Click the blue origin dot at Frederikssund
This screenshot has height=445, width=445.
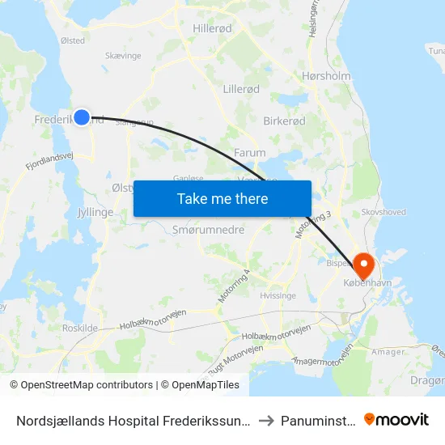click(x=82, y=117)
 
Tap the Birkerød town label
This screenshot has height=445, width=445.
click(x=284, y=121)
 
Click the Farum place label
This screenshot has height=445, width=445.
click(x=249, y=152)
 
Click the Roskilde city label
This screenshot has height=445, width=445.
click(x=80, y=328)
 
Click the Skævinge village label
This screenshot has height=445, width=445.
click(x=123, y=55)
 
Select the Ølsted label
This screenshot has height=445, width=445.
click(x=72, y=40)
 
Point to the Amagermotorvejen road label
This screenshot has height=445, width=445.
click(x=324, y=352)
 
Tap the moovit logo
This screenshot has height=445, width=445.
click(x=396, y=419)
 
